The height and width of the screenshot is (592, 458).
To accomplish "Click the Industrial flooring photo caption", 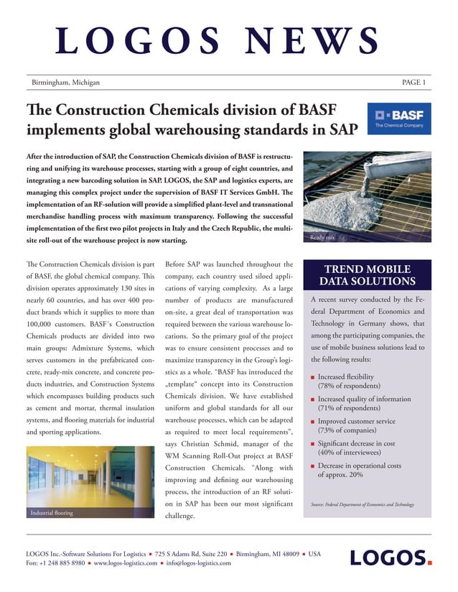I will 52,513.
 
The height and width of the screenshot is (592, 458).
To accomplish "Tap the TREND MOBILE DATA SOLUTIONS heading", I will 367,274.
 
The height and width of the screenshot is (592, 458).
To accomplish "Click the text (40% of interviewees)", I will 348,453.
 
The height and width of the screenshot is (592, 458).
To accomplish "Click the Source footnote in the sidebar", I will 362,504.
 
